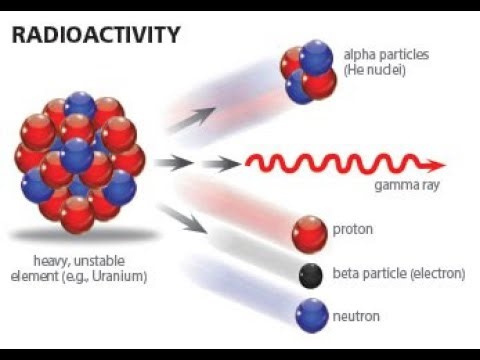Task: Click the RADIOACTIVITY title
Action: coord(96,36)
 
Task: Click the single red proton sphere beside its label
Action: coord(310,233)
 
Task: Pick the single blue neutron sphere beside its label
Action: coord(312,316)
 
